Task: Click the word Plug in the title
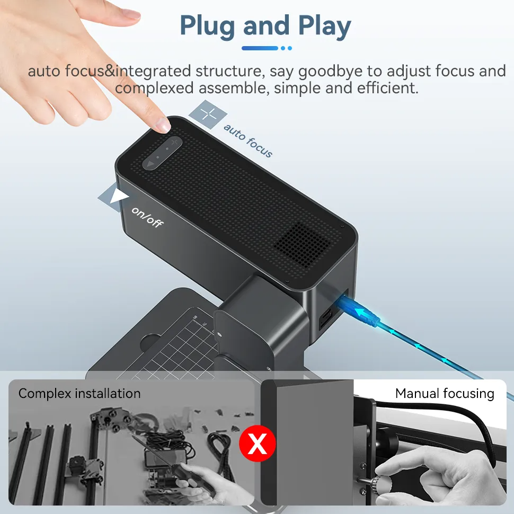(208, 26)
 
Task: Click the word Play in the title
(324, 26)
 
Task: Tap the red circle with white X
(258, 443)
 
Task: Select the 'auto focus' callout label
(248, 140)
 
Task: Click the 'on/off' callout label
(147, 217)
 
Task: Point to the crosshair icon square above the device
(208, 114)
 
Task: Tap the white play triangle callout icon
(116, 197)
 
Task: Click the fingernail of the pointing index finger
(163, 125)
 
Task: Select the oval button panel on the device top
(162, 153)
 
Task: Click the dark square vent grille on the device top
(302, 244)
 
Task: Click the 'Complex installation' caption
(79, 393)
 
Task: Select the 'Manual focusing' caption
(445, 394)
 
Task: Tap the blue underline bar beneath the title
(260, 48)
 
